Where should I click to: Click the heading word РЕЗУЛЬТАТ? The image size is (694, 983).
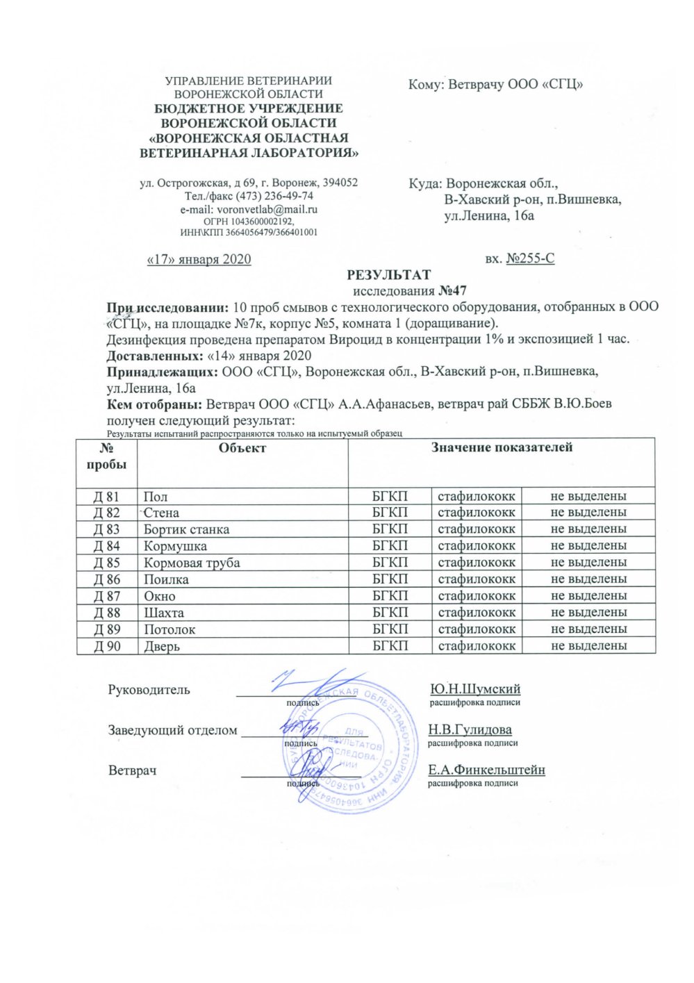point(388,275)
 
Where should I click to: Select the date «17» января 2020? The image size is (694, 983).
point(199,259)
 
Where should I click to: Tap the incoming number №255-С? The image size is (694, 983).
point(530,259)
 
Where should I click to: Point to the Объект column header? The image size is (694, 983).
point(242,448)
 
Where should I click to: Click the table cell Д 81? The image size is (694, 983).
point(106,496)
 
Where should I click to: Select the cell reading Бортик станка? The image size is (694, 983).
point(186,529)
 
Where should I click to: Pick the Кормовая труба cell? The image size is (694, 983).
point(192,563)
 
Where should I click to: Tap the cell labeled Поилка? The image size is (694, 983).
point(166,579)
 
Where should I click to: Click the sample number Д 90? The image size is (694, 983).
point(106,646)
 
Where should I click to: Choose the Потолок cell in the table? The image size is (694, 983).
point(170,629)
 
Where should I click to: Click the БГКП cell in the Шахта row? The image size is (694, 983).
point(390,613)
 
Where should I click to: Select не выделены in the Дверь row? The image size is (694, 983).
point(588,646)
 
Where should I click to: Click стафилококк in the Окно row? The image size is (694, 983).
point(477,596)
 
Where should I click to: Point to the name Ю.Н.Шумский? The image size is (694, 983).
point(475,689)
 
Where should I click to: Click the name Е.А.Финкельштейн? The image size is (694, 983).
point(486,770)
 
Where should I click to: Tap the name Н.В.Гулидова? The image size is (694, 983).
point(470,729)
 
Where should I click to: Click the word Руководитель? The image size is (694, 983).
point(149,690)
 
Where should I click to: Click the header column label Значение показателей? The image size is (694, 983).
point(502,448)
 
